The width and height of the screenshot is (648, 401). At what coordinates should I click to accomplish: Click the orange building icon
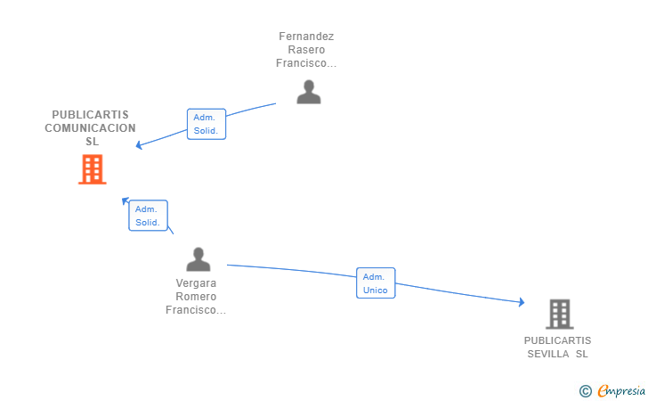click(x=93, y=169)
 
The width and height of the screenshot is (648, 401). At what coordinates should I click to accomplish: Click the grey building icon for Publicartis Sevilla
click(x=560, y=314)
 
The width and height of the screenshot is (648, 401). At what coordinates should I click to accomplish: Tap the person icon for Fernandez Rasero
click(x=309, y=92)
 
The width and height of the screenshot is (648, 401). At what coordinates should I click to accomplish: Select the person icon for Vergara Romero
click(x=198, y=259)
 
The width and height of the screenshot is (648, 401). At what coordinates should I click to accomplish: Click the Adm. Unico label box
click(x=376, y=283)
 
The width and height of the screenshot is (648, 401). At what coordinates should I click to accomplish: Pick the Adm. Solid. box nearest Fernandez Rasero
click(x=207, y=124)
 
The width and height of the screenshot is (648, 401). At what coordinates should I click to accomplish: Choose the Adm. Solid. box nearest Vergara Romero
click(x=148, y=216)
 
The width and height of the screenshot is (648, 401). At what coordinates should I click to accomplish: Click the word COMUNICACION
click(x=90, y=128)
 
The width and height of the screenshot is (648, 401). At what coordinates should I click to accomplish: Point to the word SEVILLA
click(x=548, y=354)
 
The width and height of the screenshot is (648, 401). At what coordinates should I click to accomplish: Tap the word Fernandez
click(x=306, y=37)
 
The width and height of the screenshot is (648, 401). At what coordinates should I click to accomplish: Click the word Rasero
click(x=306, y=50)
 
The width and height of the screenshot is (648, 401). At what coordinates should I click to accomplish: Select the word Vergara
click(x=196, y=283)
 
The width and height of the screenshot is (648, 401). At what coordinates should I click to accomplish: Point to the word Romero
click(x=196, y=297)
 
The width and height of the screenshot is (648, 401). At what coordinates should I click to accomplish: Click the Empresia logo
click(x=621, y=390)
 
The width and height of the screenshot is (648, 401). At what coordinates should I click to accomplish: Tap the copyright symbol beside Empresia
click(x=586, y=391)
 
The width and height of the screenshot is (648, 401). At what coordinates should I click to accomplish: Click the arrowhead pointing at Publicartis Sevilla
click(x=522, y=302)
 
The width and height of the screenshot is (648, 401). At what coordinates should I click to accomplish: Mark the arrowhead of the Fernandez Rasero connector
click(x=139, y=145)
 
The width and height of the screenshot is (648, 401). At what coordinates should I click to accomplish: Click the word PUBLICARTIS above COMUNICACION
click(x=90, y=115)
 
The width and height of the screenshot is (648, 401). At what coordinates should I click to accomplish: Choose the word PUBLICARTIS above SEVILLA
click(x=557, y=340)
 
